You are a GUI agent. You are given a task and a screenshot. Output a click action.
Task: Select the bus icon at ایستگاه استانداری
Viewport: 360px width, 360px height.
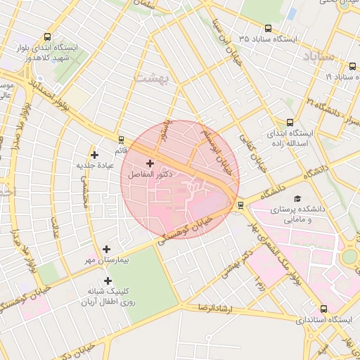click(x=323, y=308)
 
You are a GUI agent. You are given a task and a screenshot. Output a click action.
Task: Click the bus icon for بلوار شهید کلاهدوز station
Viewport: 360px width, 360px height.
click(x=47, y=37)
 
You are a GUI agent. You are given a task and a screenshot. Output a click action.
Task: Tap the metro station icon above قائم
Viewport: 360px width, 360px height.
click(x=121, y=140)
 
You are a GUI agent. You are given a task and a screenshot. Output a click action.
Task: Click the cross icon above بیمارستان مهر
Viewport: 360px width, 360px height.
click(x=106, y=249)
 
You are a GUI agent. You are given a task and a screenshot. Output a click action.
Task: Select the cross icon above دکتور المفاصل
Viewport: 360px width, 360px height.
click(x=150, y=163)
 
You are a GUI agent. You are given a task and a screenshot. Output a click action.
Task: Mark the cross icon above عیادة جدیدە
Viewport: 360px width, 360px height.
click(x=95, y=155)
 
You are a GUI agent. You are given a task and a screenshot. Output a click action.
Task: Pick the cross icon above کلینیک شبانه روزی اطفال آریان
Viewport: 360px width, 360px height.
click(x=108, y=281)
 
